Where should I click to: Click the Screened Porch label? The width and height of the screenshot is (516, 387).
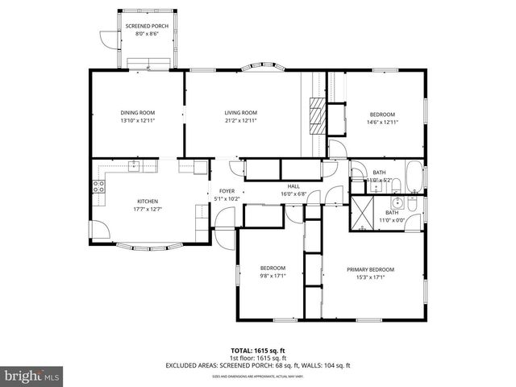pos(146,27)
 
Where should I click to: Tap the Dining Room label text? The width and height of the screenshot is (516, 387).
pos(137,112)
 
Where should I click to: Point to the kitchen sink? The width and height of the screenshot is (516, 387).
pos(133,166)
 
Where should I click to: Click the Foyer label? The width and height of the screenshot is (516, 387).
pos(227,191)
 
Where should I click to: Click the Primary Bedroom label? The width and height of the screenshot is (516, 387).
pos(370,268)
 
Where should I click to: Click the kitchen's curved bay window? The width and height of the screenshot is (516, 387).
pos(150,245)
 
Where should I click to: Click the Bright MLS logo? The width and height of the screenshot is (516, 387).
pos(31,376)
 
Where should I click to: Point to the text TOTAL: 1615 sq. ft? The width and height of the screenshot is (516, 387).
pos(257,352)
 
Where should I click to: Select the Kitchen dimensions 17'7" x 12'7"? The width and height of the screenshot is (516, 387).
pos(147,209)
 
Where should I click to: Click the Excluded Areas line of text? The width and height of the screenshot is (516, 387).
pos(257,366)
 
